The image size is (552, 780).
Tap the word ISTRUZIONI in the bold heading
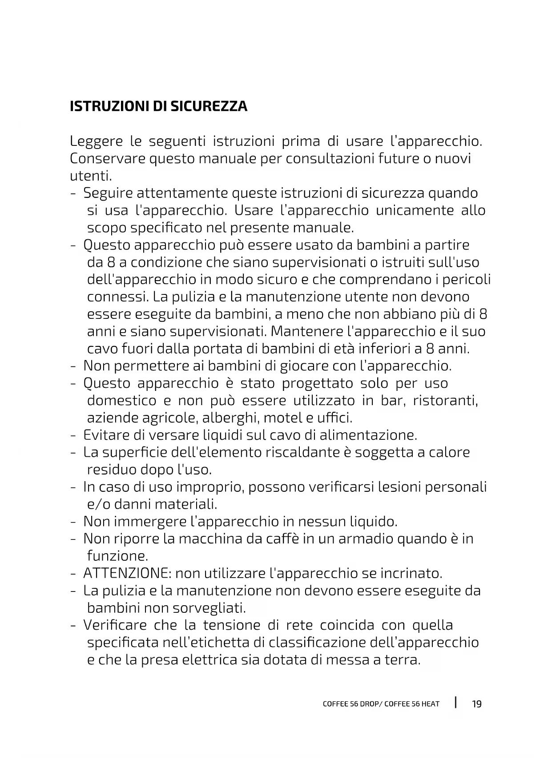click(109, 107)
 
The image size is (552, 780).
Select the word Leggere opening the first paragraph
click(96, 142)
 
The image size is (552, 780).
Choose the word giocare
click(304, 366)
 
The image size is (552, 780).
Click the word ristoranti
click(445, 401)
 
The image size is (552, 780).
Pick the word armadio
click(366, 539)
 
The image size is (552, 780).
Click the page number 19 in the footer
click(476, 704)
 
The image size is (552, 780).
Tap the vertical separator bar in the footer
click(456, 703)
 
